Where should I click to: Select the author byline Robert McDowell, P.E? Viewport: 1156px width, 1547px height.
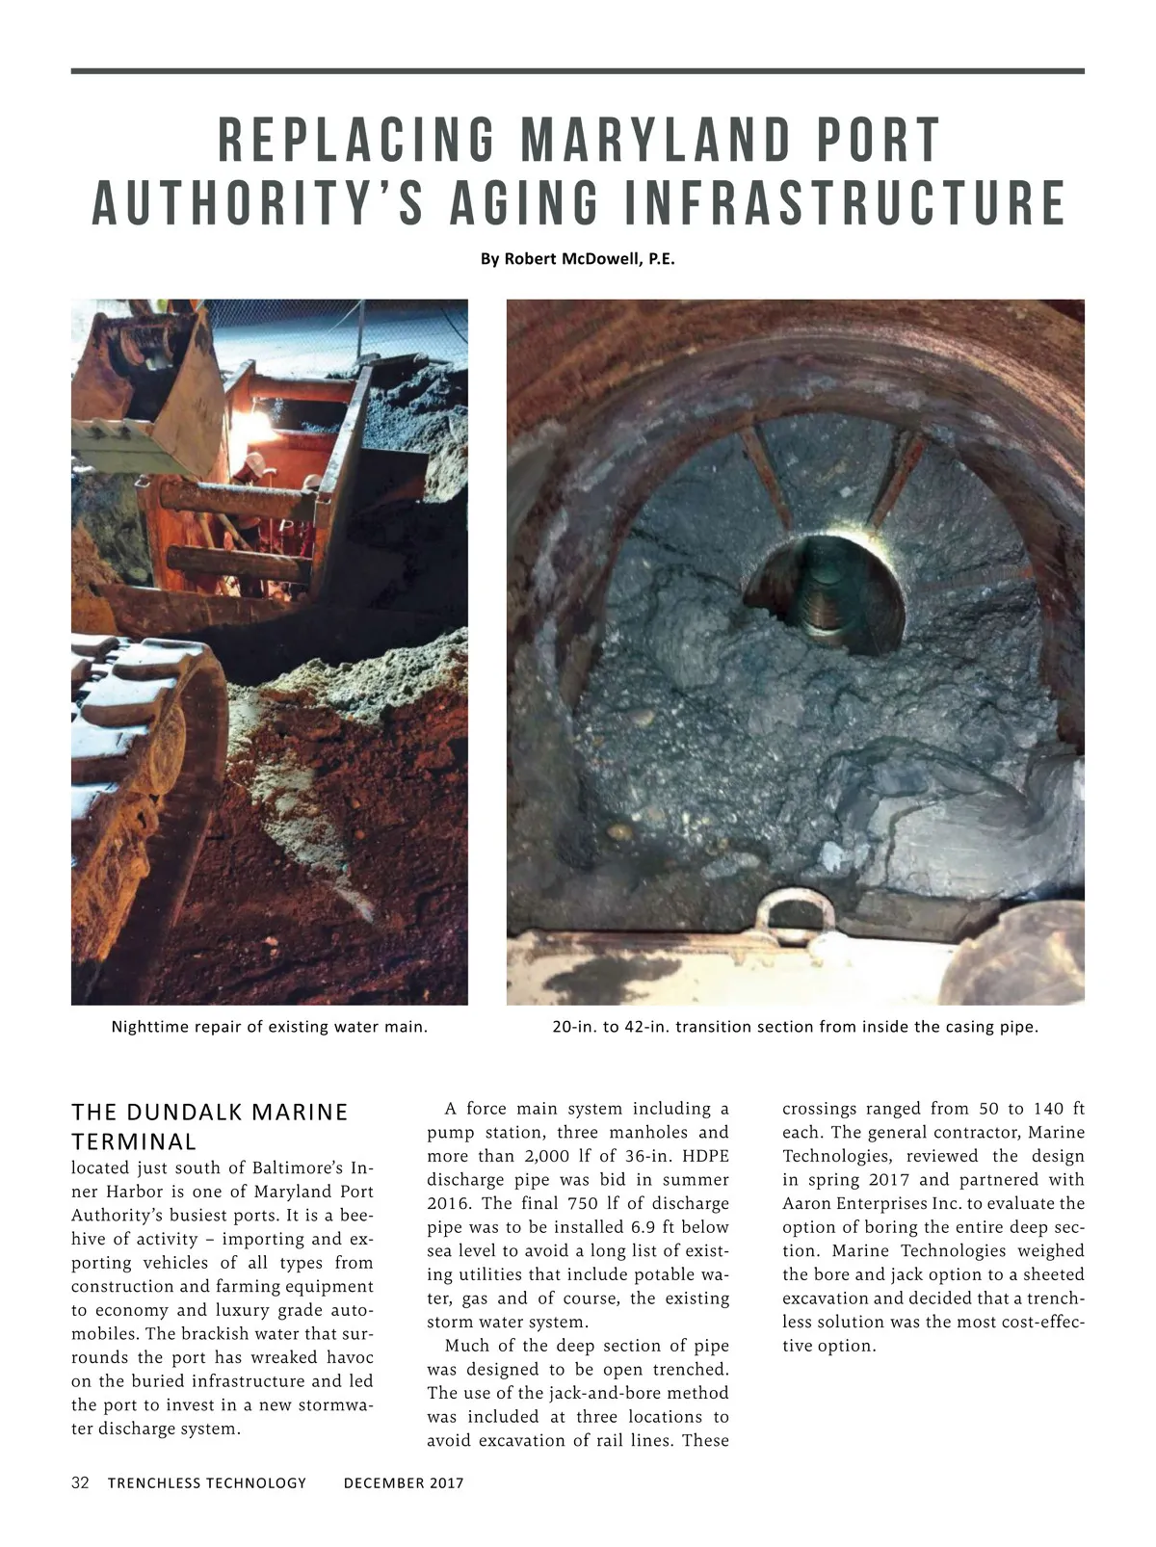click(578, 259)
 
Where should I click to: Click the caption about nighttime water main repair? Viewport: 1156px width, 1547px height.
click(270, 1027)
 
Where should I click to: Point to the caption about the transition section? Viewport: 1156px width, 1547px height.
click(795, 1027)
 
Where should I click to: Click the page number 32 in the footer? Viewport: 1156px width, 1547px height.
click(80, 1482)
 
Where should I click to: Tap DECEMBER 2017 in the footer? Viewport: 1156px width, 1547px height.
click(404, 1483)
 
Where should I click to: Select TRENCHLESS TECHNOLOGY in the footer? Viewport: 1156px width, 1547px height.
click(207, 1483)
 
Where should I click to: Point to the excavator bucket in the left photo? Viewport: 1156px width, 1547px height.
click(154, 385)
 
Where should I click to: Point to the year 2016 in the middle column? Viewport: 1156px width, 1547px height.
click(447, 1204)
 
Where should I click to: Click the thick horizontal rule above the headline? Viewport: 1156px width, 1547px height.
click(578, 71)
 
